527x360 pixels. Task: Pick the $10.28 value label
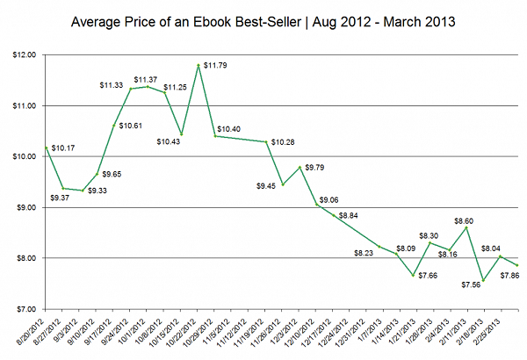point(283,141)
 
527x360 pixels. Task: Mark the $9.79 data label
point(314,167)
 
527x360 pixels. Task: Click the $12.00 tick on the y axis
point(24,54)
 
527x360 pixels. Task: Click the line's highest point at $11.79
point(199,65)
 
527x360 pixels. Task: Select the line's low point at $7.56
point(482,281)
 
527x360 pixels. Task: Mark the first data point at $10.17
point(46,148)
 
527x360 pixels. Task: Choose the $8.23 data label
point(364,253)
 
